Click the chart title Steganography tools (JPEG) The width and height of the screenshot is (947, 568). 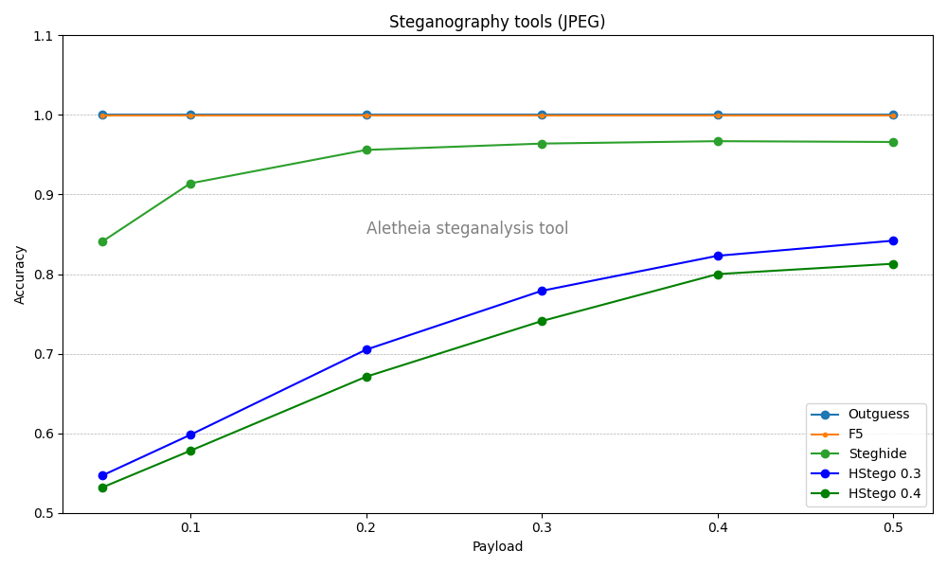(497, 22)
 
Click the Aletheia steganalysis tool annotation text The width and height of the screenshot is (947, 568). (467, 229)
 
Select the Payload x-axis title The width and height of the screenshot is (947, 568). (497, 547)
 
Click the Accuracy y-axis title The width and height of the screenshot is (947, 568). (20, 275)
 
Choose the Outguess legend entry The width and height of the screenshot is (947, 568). (878, 415)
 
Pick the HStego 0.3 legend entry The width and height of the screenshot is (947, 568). (884, 473)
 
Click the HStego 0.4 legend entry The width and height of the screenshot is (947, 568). (884, 493)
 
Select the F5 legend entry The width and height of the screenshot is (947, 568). (855, 435)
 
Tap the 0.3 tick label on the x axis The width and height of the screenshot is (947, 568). (542, 526)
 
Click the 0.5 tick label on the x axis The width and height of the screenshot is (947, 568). (893, 526)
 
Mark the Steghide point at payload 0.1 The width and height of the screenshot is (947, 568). (190, 184)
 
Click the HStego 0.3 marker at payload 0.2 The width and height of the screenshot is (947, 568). (366, 349)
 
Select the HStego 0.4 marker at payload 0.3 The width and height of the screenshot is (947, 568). (542, 321)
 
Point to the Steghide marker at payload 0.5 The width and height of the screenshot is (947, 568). (893, 142)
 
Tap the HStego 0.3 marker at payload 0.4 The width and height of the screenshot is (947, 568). (718, 256)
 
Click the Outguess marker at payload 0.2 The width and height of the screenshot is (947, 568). (366, 115)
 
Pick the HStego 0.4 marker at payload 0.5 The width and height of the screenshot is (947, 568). (893, 264)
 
